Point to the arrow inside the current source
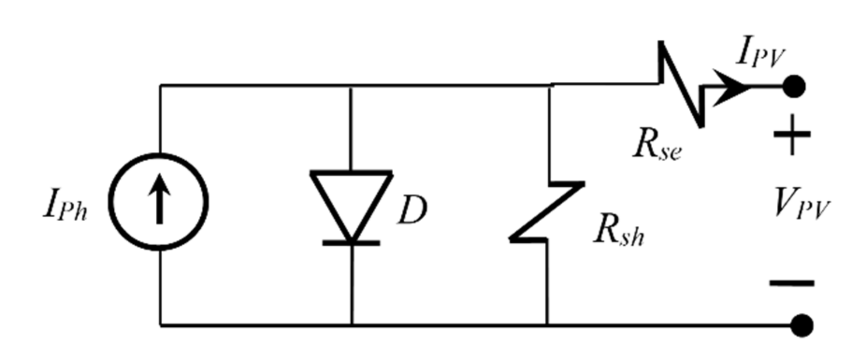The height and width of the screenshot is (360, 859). [x=160, y=199]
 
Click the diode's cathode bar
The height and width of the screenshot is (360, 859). [x=351, y=243]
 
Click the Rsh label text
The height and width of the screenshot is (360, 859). [x=618, y=232]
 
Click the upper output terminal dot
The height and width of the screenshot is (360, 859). [x=794, y=86]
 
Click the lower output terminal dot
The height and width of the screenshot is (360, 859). [x=802, y=325]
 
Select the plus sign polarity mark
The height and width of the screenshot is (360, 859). [x=792, y=135]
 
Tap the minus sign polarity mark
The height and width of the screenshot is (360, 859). [x=792, y=283]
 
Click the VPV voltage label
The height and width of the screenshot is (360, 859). [x=801, y=203]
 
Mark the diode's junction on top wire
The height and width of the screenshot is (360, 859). [x=351, y=86]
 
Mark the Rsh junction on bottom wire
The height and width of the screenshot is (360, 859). [x=547, y=324]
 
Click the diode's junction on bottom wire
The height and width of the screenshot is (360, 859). [x=352, y=324]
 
